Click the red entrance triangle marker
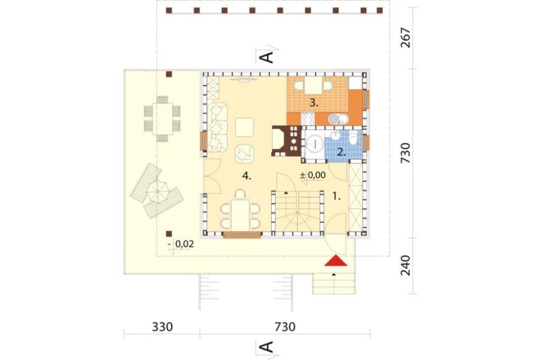pos(335,261)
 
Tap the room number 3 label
pos(313,102)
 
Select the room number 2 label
pos(341,152)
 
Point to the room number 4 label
pos(246,176)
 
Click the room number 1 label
pos(337,197)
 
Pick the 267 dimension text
pos(406,38)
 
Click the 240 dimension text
pos(406,265)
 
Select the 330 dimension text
pos(162,326)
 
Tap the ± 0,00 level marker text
pos(313,175)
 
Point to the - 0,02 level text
pos(181,244)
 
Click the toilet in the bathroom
pos(353,138)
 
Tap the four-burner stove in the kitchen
pos(308,119)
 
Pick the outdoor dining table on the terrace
pos(162,119)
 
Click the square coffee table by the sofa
pos(245,127)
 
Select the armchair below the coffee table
pos(245,154)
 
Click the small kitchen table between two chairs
pos(313,85)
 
